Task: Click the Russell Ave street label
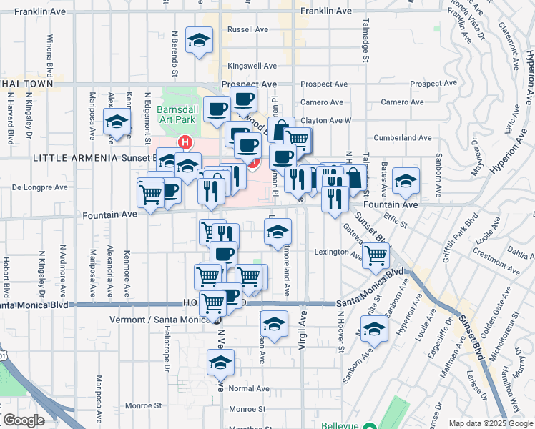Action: coord(246,30)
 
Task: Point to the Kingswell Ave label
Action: coord(251,66)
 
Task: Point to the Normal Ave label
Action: coord(249,388)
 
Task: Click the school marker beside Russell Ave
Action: coord(199,40)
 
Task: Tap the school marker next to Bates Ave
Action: coord(406,181)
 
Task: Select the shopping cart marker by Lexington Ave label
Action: coord(376,255)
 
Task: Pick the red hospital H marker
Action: coord(185,142)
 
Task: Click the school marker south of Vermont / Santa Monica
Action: coord(221,363)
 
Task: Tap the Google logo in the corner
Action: coord(23,420)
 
